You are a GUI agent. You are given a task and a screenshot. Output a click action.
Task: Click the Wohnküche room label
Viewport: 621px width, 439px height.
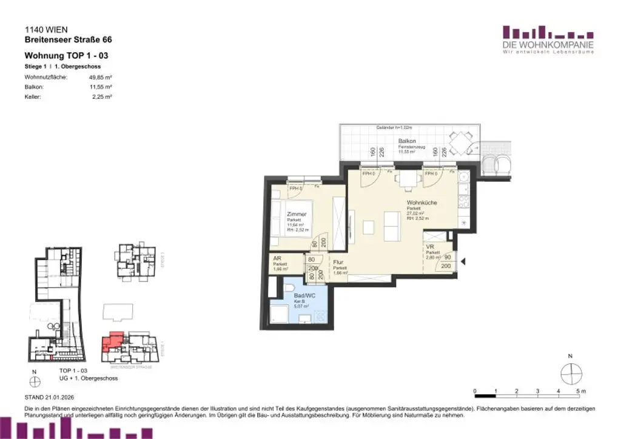point(421,203)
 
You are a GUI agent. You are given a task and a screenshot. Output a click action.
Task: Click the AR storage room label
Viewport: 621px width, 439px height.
point(277,258)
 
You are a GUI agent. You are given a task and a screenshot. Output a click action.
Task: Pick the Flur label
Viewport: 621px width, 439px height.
point(338,263)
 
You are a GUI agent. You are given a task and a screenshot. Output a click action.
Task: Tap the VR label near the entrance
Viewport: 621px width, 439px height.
point(430,247)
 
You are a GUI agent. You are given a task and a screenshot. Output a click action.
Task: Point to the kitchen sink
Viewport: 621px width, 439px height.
point(464,177)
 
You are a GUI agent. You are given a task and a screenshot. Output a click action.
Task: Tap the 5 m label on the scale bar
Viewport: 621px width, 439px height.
point(580,390)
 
